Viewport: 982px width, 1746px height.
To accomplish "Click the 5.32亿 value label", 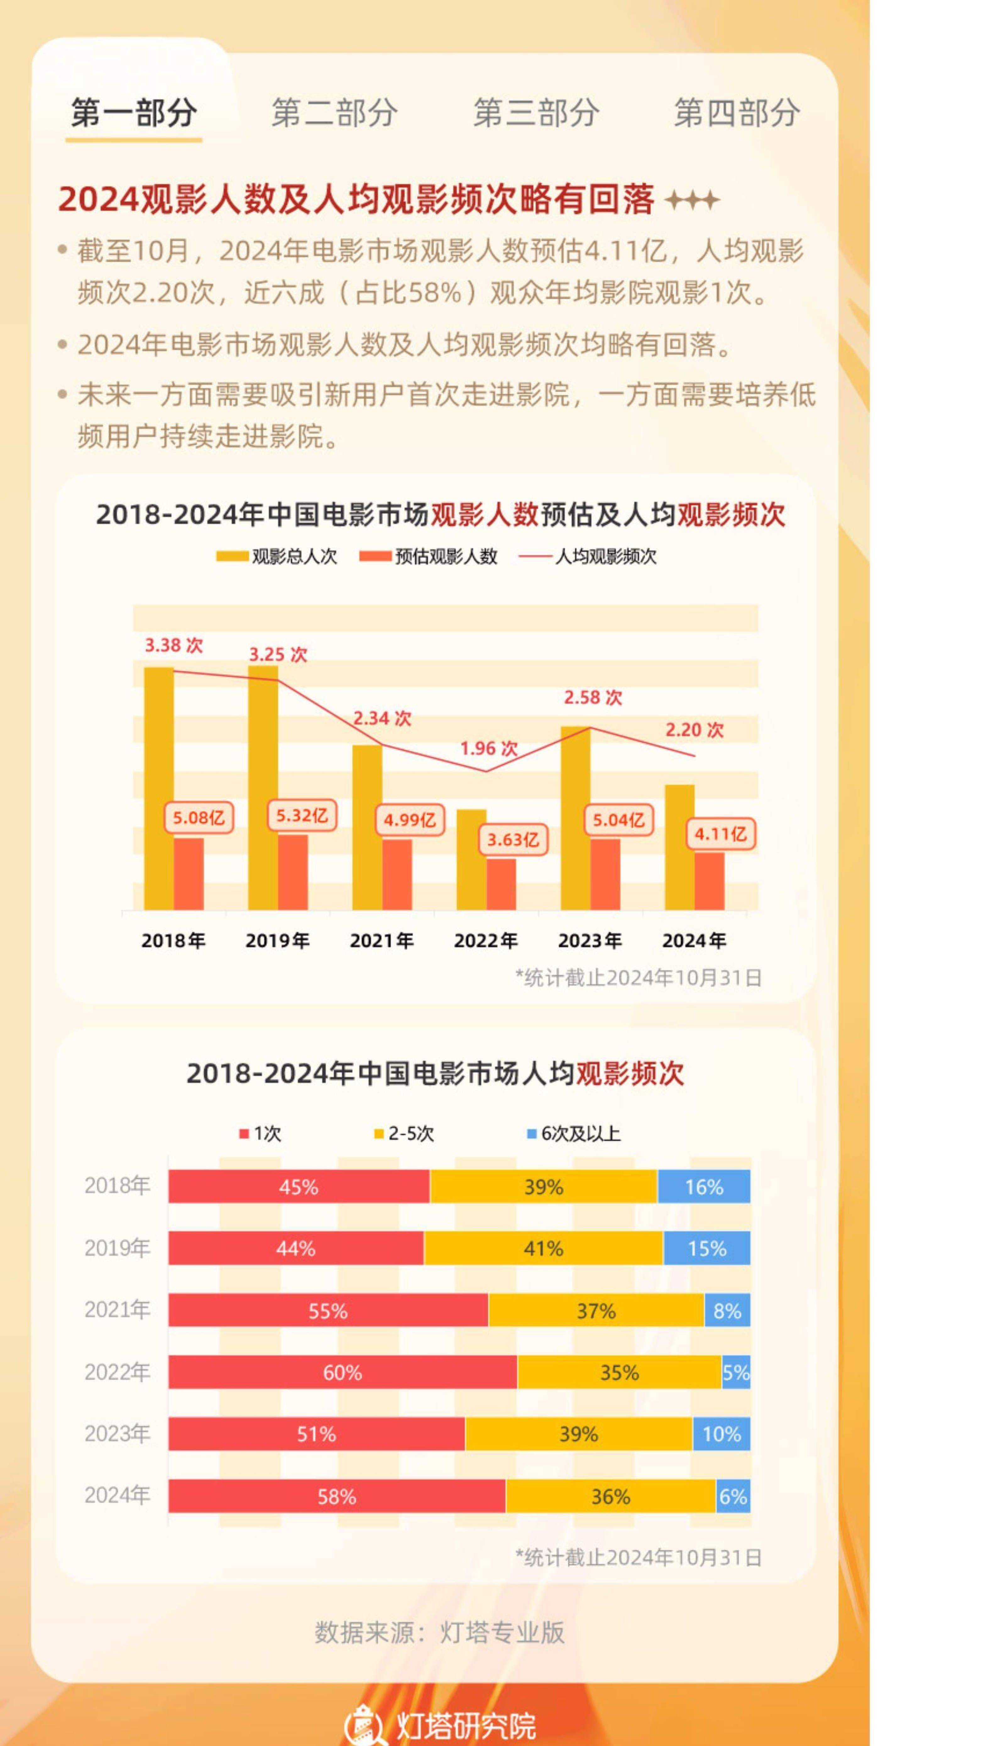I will (302, 816).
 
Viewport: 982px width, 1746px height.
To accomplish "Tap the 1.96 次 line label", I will (488, 748).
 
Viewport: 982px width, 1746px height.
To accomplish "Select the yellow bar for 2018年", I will (159, 790).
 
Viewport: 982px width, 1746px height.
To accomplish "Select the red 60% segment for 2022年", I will (343, 1372).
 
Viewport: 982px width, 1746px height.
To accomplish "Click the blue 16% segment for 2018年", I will (704, 1187).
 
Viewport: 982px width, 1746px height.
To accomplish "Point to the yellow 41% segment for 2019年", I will (543, 1248).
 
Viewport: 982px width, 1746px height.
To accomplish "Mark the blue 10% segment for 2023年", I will (721, 1434).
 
